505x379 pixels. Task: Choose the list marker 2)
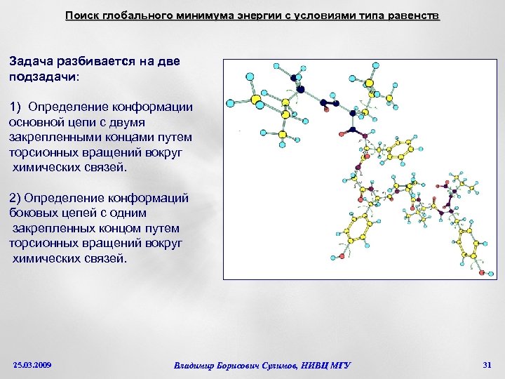[16, 198]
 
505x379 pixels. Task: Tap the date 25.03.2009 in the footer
[32, 365]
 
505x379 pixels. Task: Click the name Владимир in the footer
[198, 365]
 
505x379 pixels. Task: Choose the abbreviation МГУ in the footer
[339, 365]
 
